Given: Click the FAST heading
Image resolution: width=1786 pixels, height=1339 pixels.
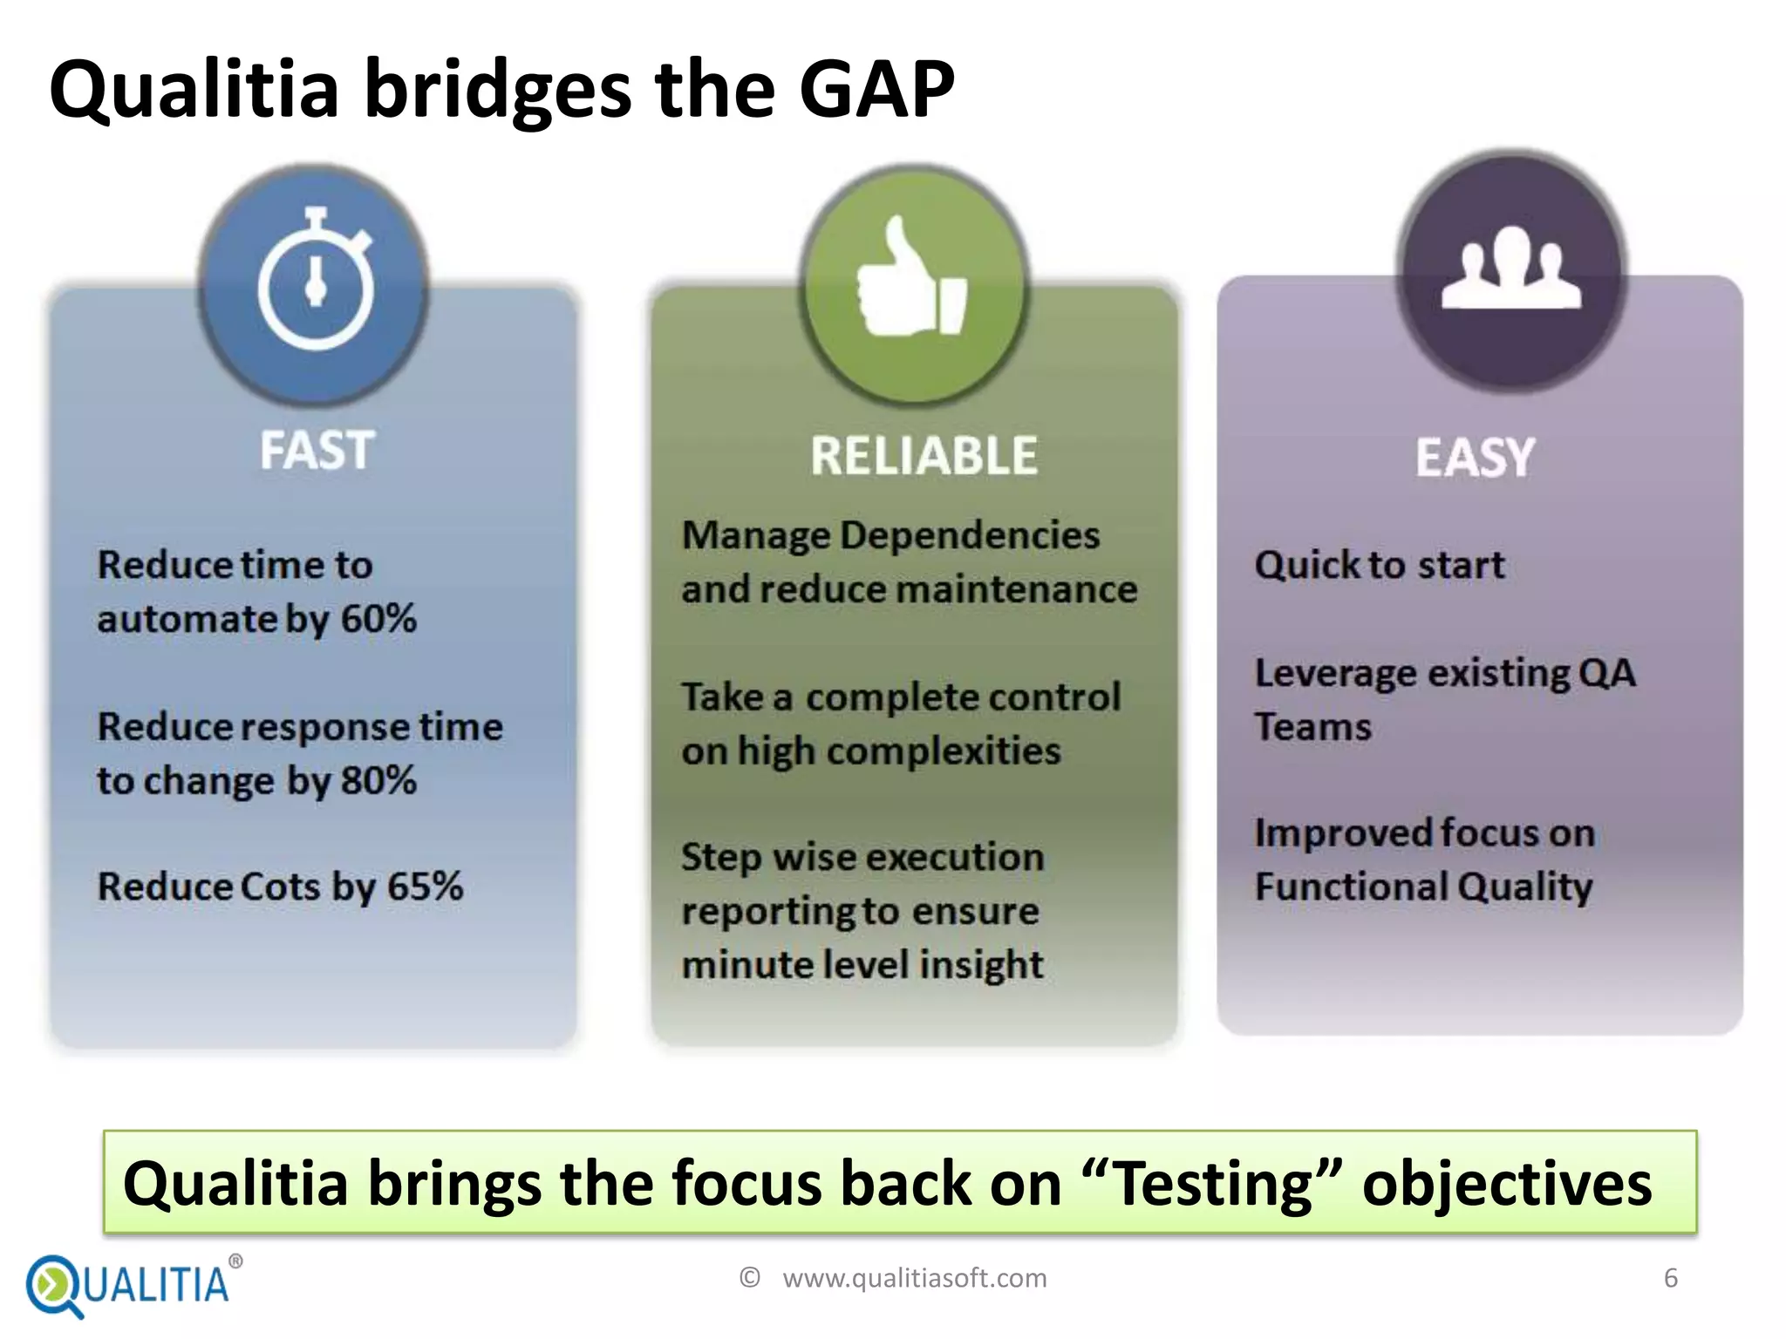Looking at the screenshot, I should click(317, 451).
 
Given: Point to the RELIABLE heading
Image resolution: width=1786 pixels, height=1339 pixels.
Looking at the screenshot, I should click(924, 456).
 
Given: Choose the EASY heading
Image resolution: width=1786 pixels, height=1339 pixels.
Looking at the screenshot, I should click(1474, 458).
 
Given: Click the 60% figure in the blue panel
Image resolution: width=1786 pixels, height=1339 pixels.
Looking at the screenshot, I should click(378, 619).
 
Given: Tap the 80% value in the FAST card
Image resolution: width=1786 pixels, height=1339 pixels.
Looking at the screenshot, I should click(378, 780).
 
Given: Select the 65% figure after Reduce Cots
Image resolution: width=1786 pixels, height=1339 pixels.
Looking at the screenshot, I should click(425, 887).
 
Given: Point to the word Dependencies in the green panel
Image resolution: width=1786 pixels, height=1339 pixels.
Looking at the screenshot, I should click(969, 535).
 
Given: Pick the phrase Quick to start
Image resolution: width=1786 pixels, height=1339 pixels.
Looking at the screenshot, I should click(1379, 565).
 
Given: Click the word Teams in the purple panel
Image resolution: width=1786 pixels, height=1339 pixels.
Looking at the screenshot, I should click(1312, 727).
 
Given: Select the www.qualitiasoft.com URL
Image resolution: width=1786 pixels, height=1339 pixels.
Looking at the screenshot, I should click(914, 1278).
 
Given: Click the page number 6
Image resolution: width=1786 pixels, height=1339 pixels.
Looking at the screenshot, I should click(1670, 1278).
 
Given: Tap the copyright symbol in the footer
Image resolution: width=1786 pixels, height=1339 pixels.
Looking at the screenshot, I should click(749, 1278).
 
